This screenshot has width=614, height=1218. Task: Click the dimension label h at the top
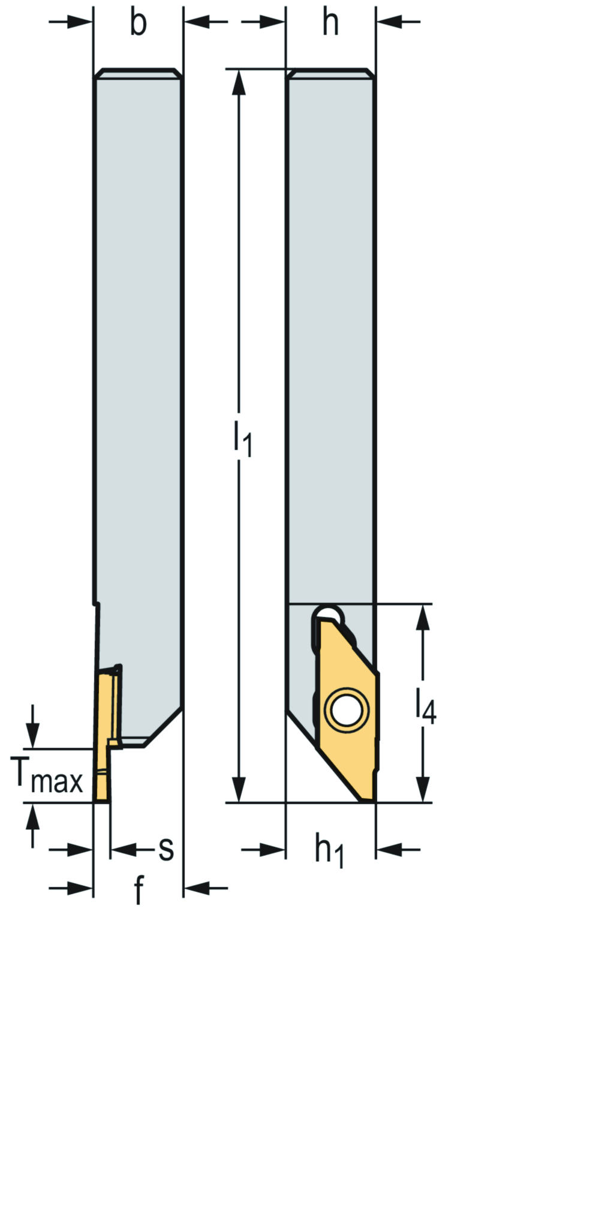(330, 23)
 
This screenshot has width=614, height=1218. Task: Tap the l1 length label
(243, 438)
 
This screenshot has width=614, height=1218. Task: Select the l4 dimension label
(426, 705)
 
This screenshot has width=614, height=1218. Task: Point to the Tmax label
(47, 775)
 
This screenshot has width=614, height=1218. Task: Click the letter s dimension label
(166, 849)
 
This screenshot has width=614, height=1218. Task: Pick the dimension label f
(139, 890)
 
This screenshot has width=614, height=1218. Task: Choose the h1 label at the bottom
(330, 850)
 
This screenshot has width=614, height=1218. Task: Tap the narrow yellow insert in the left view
(103, 738)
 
